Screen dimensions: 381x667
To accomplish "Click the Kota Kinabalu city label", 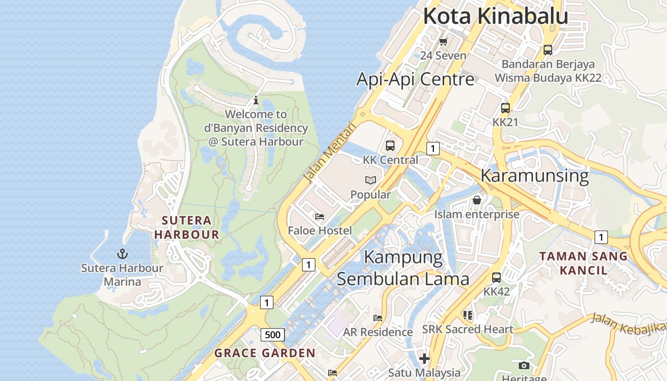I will click(x=495, y=16).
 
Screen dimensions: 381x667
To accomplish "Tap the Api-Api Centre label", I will click(x=415, y=79).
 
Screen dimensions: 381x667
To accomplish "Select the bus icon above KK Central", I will click(x=390, y=146).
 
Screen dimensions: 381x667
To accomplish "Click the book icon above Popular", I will click(x=371, y=180).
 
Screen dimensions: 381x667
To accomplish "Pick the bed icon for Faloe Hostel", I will click(x=320, y=217).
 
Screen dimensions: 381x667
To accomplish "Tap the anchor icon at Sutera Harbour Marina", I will click(x=122, y=253).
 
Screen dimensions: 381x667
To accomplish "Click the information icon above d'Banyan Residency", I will click(x=256, y=100).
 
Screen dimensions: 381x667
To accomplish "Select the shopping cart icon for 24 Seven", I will click(x=443, y=41).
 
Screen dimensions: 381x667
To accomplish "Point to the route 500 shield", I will click(x=273, y=335).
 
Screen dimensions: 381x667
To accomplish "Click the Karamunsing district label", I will click(x=535, y=175).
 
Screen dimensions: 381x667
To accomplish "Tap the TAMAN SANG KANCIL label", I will click(x=584, y=263).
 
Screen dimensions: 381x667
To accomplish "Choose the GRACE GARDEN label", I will click(x=265, y=353).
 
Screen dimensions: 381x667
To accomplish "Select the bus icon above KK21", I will click(x=505, y=108).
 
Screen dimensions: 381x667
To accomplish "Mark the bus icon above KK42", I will click(x=496, y=277).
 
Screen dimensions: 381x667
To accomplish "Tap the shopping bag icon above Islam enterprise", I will click(x=476, y=200).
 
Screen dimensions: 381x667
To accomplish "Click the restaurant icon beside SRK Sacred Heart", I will click(x=467, y=315).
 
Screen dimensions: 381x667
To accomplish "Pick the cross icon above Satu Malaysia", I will click(x=424, y=358).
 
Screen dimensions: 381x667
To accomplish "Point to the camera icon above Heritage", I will click(x=524, y=365).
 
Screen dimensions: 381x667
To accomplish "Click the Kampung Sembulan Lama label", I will click(x=403, y=268).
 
